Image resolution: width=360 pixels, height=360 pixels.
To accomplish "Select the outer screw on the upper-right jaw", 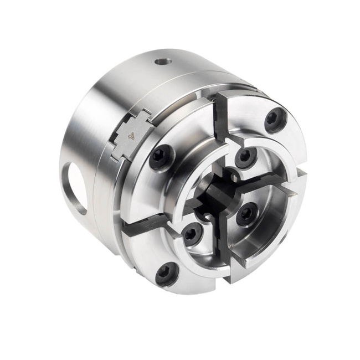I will click(x=273, y=120).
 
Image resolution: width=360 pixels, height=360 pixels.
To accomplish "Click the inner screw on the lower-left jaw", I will click(x=191, y=233).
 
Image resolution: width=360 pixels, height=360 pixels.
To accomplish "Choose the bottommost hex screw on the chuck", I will click(x=167, y=273).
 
